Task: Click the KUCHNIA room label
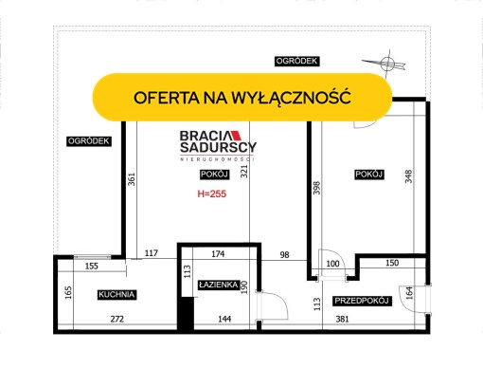point(116,295)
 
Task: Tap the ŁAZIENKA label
point(219,285)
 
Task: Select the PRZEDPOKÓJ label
point(362,301)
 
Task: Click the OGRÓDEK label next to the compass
point(296,61)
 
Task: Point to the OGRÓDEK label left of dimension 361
point(89,141)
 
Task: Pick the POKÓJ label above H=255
point(214,175)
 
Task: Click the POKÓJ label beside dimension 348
point(369,175)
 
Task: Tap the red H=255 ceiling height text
point(212,193)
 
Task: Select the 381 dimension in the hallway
point(343,319)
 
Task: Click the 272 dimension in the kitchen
point(117,319)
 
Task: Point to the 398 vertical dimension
point(316,188)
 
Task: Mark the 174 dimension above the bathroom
point(218,254)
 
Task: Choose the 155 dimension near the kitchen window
point(92,267)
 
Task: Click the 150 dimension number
point(392,263)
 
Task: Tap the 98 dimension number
point(284,255)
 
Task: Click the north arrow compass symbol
point(386,64)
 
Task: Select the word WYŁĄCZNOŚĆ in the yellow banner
point(292,98)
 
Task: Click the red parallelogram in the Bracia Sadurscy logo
point(236,136)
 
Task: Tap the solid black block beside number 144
point(185,314)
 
